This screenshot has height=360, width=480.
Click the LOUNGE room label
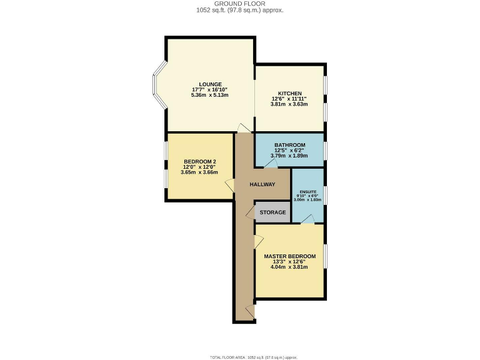pyautogui.click(x=210, y=84)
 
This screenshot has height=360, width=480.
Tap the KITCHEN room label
pyautogui.click(x=289, y=93)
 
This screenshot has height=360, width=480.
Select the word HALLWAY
pyautogui.click(x=262, y=184)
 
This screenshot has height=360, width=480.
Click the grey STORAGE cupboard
pyautogui.click(x=272, y=212)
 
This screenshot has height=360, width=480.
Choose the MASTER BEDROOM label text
pyautogui.click(x=289, y=256)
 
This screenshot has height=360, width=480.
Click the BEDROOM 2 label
pyautogui.click(x=200, y=161)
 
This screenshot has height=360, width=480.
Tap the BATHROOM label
pyautogui.click(x=289, y=145)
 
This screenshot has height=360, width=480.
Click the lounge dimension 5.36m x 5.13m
pyautogui.click(x=210, y=96)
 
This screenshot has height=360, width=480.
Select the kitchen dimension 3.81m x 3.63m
pyautogui.click(x=289, y=104)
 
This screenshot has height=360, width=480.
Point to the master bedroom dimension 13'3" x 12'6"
pyautogui.click(x=289, y=262)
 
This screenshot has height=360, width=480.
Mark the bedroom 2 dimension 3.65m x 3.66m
pyautogui.click(x=200, y=172)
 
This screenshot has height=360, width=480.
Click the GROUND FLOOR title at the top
pyautogui.click(x=240, y=4)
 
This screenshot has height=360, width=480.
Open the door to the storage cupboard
pyautogui.click(x=250, y=212)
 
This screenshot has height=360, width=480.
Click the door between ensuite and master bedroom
pyautogui.click(x=308, y=219)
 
